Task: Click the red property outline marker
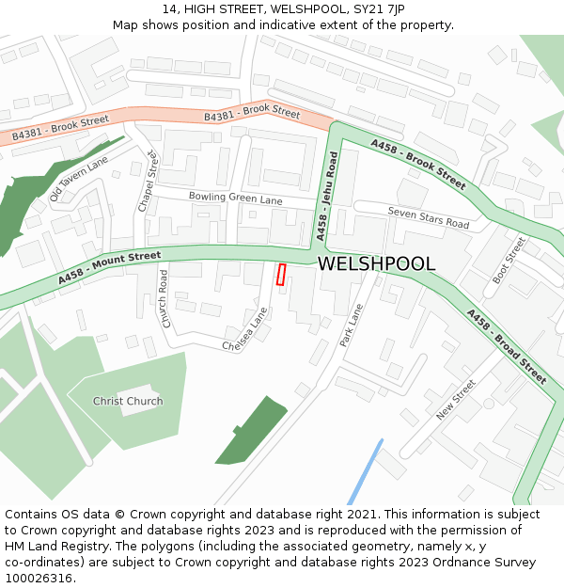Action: click(x=280, y=274)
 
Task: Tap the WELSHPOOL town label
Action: click(x=376, y=264)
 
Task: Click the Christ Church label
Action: click(x=128, y=401)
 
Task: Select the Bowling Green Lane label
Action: click(x=235, y=199)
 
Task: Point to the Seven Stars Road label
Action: click(x=428, y=218)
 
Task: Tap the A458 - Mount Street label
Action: click(x=109, y=267)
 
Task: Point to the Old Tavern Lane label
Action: click(x=79, y=179)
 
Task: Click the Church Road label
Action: click(x=164, y=299)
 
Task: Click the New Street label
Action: click(x=457, y=400)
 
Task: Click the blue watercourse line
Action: click(x=365, y=473)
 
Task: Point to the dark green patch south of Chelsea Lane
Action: click(x=252, y=430)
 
